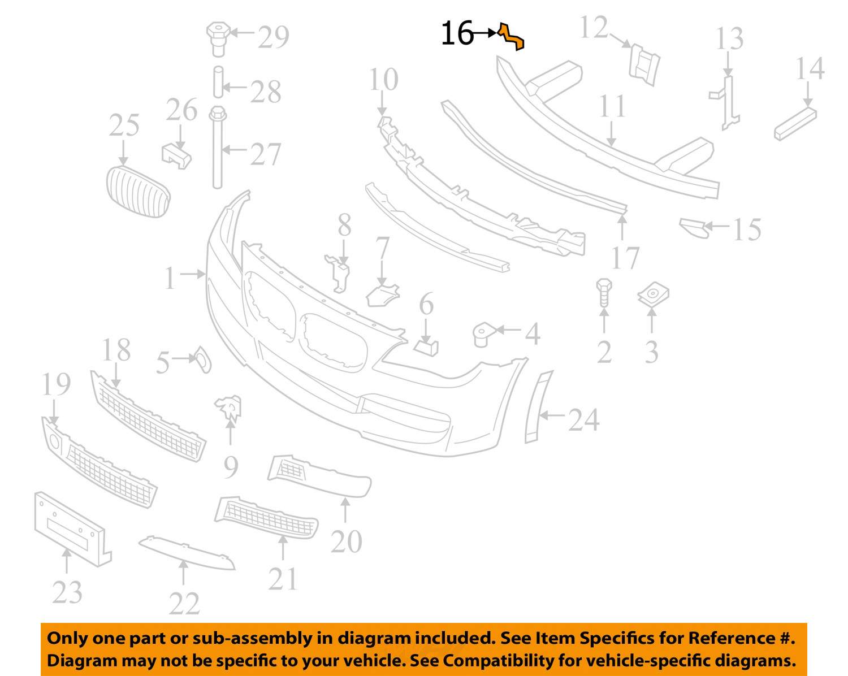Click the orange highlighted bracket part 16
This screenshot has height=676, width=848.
click(512, 36)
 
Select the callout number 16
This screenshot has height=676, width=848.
click(456, 33)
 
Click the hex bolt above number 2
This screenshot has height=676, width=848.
click(604, 292)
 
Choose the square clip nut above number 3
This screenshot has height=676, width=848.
click(653, 296)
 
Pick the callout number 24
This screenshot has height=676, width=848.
click(583, 421)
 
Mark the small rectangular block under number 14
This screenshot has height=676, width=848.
click(795, 123)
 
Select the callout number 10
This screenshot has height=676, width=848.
click(384, 80)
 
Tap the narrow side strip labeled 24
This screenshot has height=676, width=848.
click(538, 407)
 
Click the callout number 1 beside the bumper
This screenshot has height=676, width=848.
click(170, 279)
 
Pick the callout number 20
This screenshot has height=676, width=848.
click(346, 541)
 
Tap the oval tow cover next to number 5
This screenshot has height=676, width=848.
click(202, 359)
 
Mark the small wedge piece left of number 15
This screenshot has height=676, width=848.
click(694, 227)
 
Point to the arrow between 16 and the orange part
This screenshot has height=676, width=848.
click(485, 33)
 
